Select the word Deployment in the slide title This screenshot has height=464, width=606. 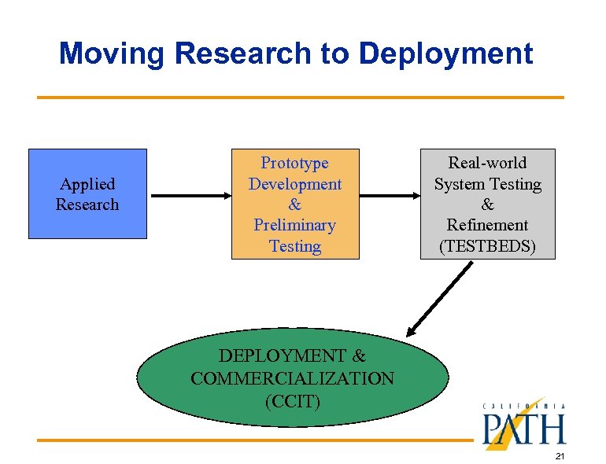coord(446,53)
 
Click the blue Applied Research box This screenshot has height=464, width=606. coord(87,193)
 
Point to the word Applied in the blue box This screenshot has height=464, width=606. coord(87,184)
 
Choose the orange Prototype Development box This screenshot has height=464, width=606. coord(295,204)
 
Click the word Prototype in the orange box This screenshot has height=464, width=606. coord(295,163)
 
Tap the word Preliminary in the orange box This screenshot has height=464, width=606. coord(295,225)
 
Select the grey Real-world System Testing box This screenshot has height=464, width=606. coord(488,204)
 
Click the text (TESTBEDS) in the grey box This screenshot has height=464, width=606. coord(488,246)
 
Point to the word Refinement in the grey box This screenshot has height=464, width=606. coord(488,225)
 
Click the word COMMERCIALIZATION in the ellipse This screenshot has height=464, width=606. coord(293,378)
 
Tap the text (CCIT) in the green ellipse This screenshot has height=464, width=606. coord(293,400)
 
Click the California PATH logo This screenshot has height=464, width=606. coord(523,425)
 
